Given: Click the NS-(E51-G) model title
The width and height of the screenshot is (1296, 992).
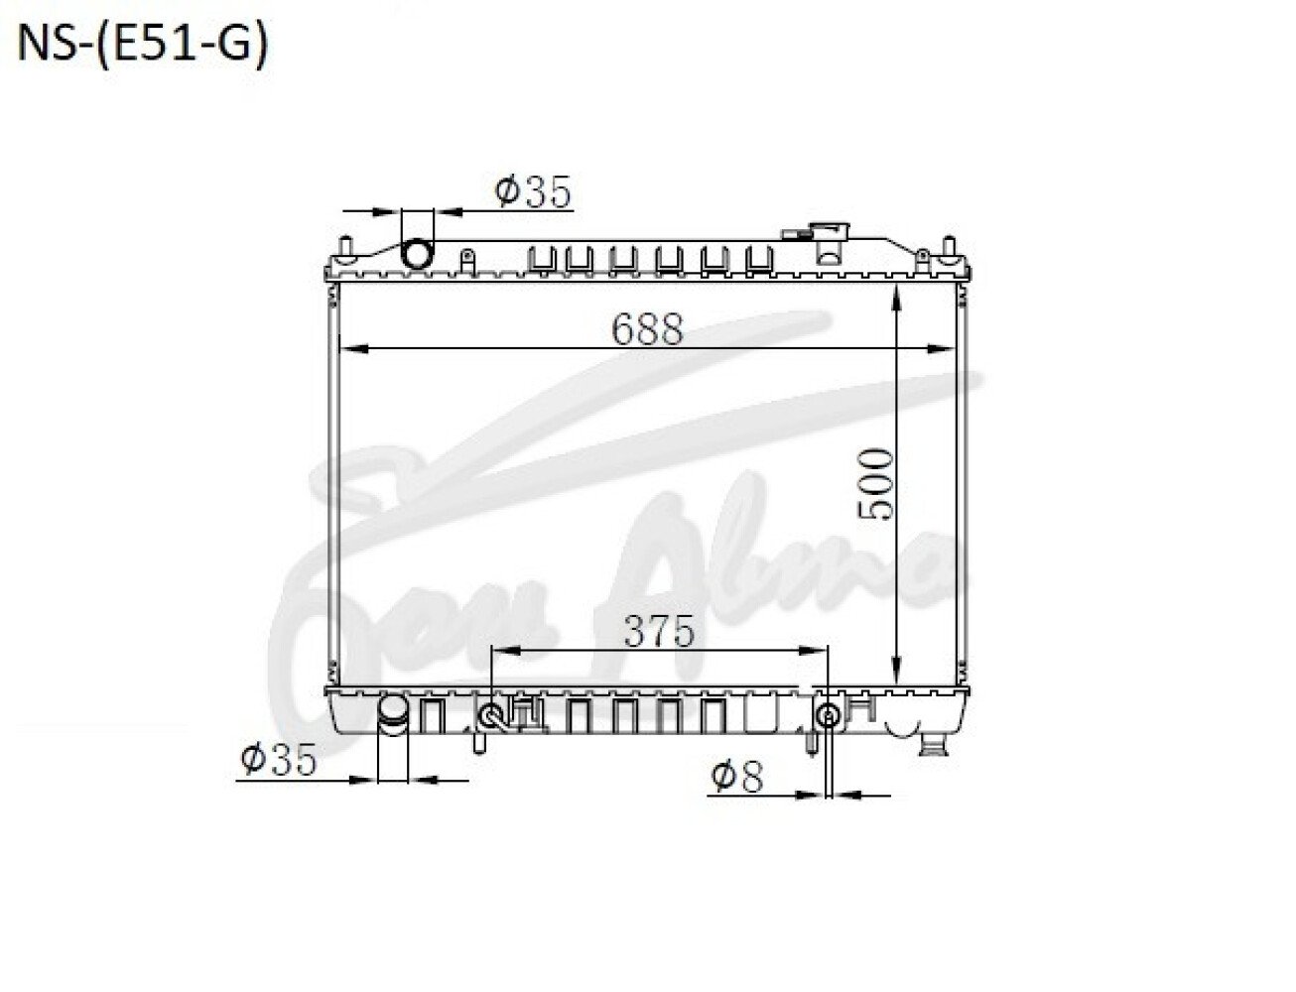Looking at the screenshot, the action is [x=143, y=43].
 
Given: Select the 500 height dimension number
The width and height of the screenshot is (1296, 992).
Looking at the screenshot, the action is [x=874, y=483].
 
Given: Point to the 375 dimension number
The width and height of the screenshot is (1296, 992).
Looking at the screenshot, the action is [x=660, y=631].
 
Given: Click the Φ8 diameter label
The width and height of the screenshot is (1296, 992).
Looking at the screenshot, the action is [x=737, y=777].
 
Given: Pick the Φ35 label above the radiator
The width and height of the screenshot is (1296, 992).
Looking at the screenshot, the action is [x=532, y=191].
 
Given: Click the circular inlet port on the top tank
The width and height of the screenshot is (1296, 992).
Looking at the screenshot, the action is [x=418, y=253].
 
